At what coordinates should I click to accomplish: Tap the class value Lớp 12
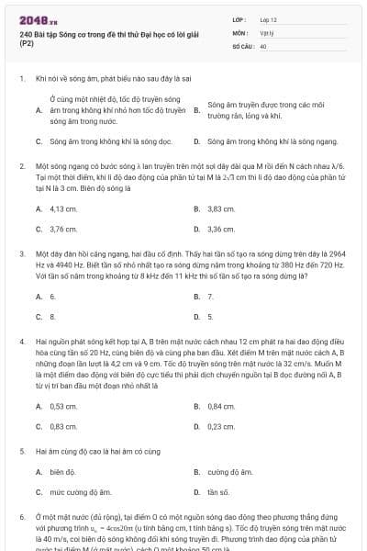[269, 18]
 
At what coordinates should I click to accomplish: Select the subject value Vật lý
[267, 31]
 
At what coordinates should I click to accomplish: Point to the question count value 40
[263, 44]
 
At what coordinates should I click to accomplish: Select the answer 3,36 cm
[221, 229]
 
